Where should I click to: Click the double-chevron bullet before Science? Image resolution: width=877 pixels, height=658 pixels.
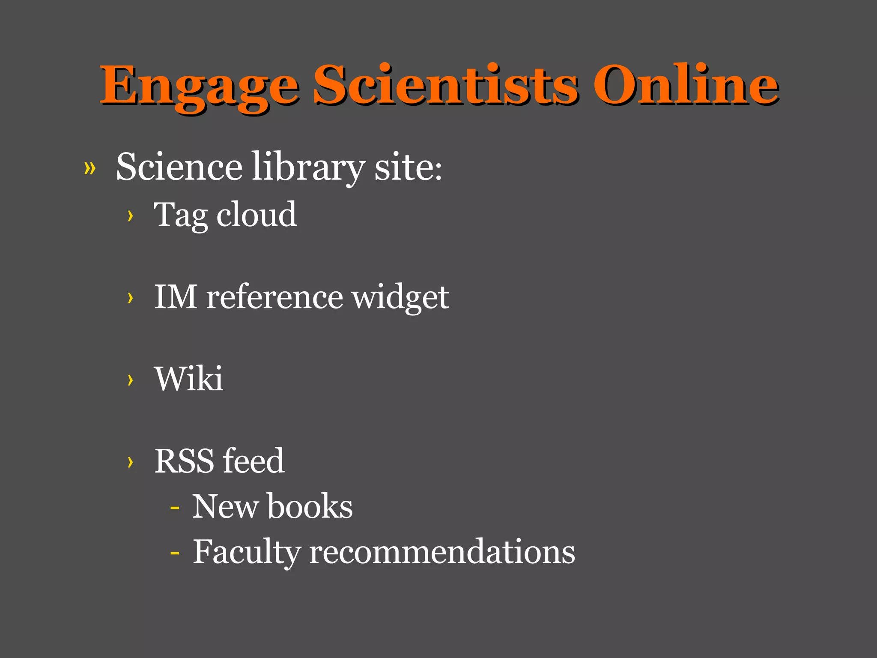(x=90, y=168)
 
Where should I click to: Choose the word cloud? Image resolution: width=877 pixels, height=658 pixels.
(x=257, y=214)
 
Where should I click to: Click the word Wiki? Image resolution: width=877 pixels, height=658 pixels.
(x=189, y=379)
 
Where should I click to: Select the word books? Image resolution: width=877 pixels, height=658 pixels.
(x=310, y=506)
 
